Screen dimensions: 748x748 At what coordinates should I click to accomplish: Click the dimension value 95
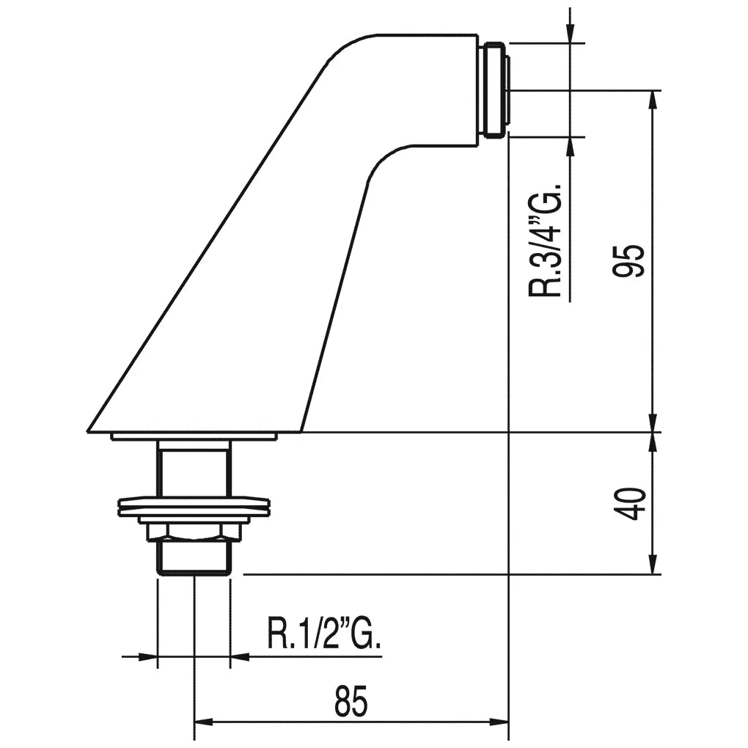(x=629, y=260)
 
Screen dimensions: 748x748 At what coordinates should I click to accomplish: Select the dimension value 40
(x=629, y=504)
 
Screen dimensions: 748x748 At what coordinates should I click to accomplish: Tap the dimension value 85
(x=351, y=701)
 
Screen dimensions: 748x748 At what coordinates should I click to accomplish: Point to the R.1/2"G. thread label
(x=324, y=634)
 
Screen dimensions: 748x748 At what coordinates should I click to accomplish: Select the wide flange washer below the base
(x=194, y=507)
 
